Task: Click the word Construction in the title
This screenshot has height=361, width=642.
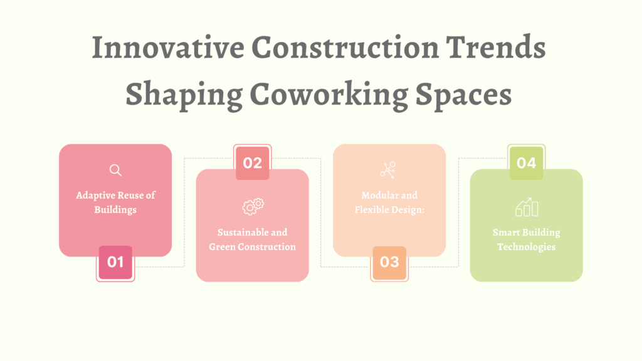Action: tap(345, 47)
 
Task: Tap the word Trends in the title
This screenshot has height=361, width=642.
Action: tap(496, 47)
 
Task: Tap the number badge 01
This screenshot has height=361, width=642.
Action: tap(115, 263)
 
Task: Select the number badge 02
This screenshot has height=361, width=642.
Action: tap(252, 163)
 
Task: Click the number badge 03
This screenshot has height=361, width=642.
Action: tap(389, 263)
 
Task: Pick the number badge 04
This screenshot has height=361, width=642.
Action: tap(526, 163)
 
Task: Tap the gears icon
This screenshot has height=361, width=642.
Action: tap(253, 207)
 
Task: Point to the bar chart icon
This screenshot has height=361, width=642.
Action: tap(527, 207)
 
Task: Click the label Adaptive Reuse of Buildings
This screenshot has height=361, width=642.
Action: tap(115, 202)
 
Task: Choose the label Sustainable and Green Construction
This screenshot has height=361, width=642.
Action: tap(252, 239)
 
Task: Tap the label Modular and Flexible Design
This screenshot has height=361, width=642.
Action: tap(389, 202)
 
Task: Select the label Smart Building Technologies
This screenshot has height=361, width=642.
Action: tap(527, 239)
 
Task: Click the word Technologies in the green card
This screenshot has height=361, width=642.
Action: tap(527, 247)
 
